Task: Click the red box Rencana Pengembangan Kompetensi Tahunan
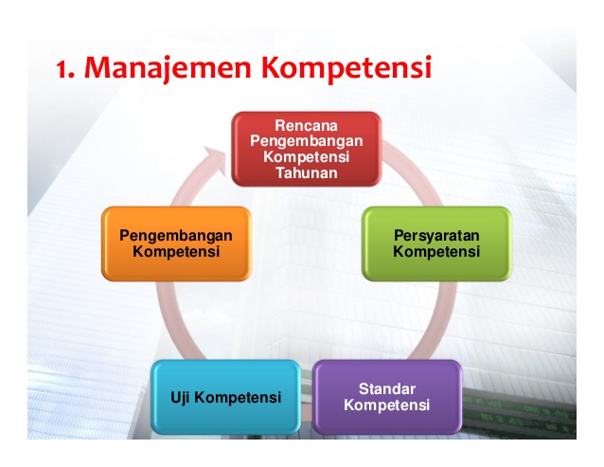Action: click(307, 149)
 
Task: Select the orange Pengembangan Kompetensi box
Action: click(176, 243)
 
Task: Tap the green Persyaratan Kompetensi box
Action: click(436, 243)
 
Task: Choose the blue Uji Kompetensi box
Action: click(225, 397)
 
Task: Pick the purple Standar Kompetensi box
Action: click(387, 397)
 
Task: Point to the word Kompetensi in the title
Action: click(345, 68)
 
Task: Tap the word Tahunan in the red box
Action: click(307, 172)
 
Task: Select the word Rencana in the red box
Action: click(307, 125)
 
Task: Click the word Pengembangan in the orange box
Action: click(176, 236)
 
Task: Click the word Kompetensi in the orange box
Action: click(176, 252)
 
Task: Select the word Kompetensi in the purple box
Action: click(387, 405)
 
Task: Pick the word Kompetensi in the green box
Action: click(436, 252)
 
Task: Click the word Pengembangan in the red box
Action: click(307, 140)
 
